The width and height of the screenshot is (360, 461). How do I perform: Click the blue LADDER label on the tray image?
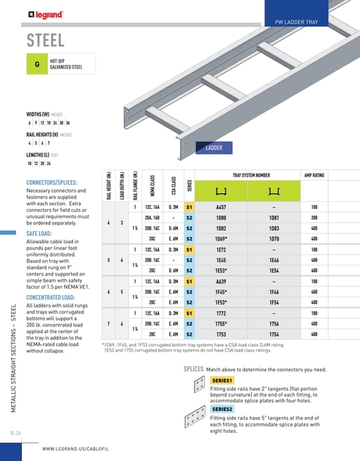(x=213, y=147)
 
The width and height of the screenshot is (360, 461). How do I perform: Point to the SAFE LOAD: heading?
(x=40, y=233)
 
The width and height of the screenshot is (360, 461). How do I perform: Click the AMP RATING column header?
(x=314, y=176)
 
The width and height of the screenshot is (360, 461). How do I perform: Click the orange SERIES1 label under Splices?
(x=223, y=380)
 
